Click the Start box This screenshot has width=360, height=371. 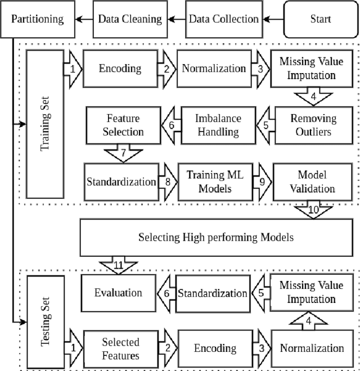point(321,19)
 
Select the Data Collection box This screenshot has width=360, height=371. point(223,19)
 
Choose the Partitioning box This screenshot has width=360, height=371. point(37,19)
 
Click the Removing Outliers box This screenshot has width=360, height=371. point(313,125)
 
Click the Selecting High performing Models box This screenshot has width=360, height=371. point(216,237)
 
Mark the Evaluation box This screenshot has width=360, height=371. point(118,292)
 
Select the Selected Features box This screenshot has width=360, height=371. point(120,348)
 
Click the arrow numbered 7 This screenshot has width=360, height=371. point(124,153)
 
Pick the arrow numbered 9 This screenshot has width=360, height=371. point(262,182)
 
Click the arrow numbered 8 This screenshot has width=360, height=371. point(168,182)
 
